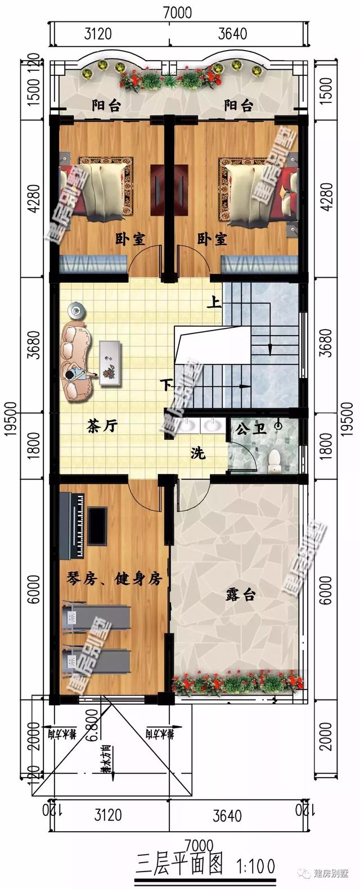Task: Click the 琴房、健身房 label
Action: click(114, 579)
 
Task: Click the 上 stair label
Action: click(213, 304)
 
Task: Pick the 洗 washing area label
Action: click(197, 453)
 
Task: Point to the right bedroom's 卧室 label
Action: click(212, 240)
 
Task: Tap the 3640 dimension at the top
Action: click(232, 34)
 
